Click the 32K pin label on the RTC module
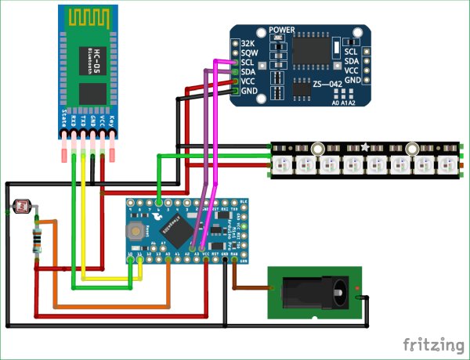point(248,42)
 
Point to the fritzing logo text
point(432,344)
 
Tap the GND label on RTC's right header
point(352,80)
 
